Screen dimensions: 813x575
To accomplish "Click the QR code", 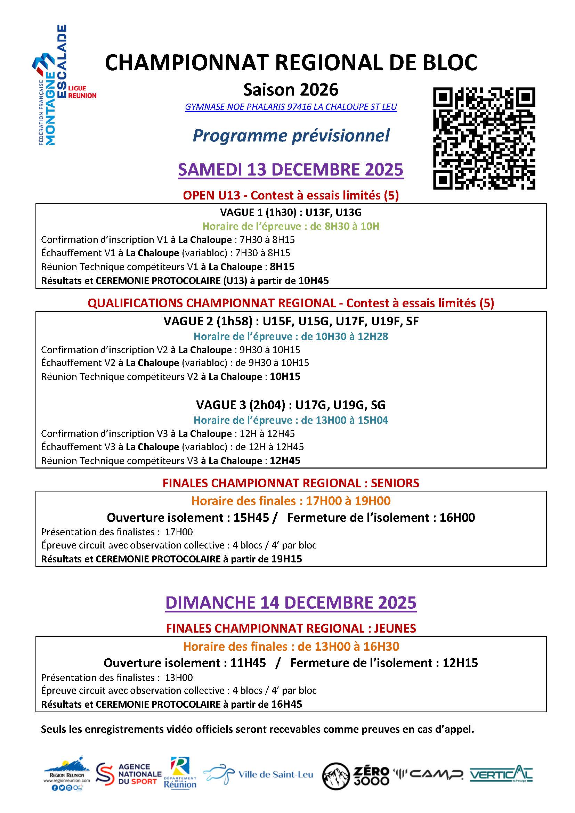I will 484,138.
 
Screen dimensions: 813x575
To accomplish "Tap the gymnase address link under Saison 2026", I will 291,107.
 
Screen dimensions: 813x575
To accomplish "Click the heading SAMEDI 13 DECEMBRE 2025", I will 291,170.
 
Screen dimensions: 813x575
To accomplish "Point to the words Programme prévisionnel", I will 291,136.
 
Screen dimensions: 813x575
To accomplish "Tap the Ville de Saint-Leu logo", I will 258,774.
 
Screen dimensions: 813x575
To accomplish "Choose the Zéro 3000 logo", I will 356,775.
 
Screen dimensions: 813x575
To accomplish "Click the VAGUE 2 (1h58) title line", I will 291,321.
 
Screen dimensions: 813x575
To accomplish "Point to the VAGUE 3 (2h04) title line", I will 291,405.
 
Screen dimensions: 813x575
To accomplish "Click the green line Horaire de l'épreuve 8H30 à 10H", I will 291,226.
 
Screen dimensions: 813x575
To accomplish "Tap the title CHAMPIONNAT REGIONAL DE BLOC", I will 291,63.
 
